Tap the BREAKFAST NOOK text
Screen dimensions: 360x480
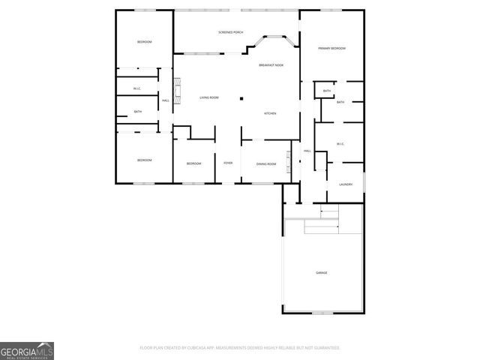tap(271, 65)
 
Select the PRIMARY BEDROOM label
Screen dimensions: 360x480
tap(331, 48)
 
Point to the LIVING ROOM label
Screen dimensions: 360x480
tap(208, 98)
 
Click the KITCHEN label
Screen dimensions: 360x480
tap(270, 113)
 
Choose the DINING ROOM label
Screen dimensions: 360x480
tap(266, 163)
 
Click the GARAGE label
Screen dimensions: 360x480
tap(321, 272)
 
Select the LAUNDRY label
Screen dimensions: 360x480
tap(346, 184)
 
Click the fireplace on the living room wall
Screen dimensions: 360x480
tap(178, 91)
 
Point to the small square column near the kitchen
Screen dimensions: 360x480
tap(241, 98)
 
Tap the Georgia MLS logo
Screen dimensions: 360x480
tap(27, 350)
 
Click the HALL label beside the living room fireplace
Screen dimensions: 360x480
tap(165, 100)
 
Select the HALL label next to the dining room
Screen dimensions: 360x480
tap(307, 151)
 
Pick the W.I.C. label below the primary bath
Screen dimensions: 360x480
tap(340, 143)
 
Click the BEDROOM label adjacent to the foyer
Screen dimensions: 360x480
tap(194, 163)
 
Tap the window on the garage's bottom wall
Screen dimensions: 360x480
tap(322, 312)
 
